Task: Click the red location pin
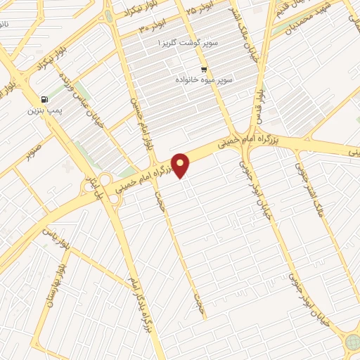[181, 165]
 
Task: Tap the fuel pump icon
[45, 100]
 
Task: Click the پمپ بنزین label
[41, 111]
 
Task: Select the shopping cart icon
[203, 69]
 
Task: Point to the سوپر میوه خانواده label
[204, 79]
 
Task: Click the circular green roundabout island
[352, 342]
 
